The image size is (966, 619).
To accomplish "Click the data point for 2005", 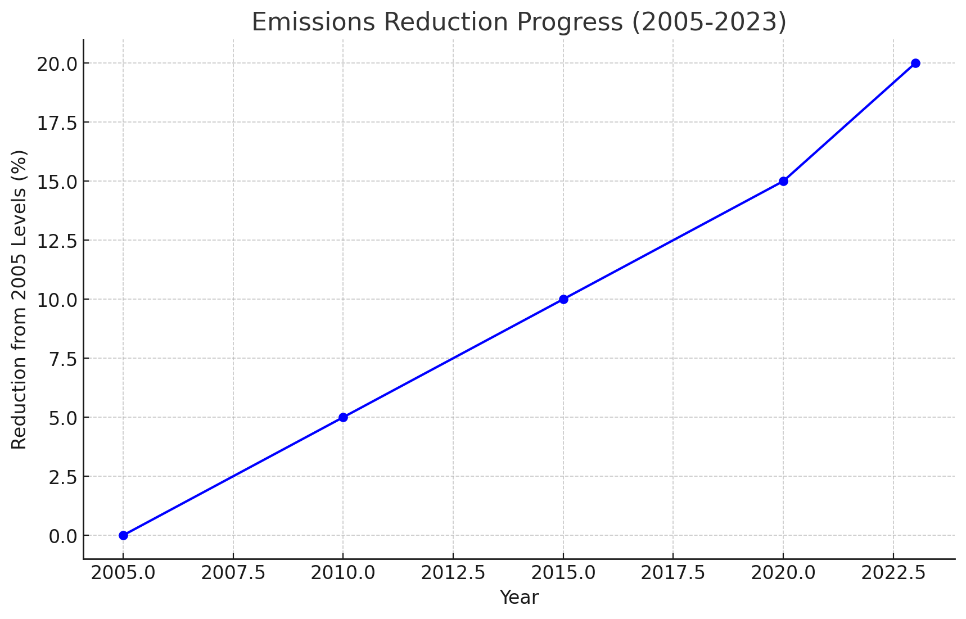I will [x=123, y=535].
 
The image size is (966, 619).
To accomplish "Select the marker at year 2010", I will [x=343, y=417].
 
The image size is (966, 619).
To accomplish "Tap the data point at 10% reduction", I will [x=563, y=299].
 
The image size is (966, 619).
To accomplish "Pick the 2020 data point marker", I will [x=783, y=181].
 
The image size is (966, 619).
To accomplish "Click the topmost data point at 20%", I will [x=915, y=63].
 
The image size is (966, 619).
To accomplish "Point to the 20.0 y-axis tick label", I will [x=57, y=64].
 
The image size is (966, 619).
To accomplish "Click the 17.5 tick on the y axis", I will [x=57, y=123].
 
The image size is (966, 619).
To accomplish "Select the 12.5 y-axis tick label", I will [x=57, y=241].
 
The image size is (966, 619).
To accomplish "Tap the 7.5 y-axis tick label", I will [x=63, y=359].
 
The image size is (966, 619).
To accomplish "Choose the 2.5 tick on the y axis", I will [x=63, y=477].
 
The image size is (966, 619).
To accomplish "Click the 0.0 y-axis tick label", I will [x=63, y=536].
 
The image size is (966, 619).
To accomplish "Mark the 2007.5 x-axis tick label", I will [x=233, y=573].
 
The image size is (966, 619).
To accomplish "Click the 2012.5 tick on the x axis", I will [x=453, y=573].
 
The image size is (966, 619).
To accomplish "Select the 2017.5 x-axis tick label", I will [x=673, y=573].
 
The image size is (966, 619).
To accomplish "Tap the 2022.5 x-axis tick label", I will [x=893, y=573].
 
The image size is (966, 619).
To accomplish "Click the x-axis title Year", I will [x=519, y=598].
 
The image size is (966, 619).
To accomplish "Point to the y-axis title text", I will [x=19, y=299].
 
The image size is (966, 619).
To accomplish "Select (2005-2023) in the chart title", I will [x=709, y=22].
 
